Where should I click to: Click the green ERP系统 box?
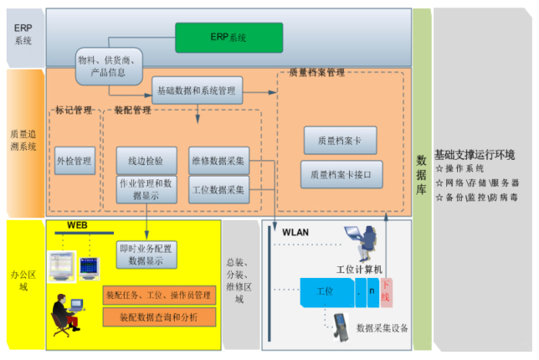pyautogui.click(x=228, y=38)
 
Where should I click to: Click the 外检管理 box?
pyautogui.click(x=74, y=160)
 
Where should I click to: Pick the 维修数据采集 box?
pyautogui.click(x=218, y=160)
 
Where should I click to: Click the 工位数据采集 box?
pyautogui.click(x=218, y=189)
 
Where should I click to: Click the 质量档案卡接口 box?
pyautogui.click(x=341, y=175)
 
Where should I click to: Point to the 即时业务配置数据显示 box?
pyautogui.click(x=146, y=255)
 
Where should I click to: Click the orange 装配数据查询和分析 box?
pyautogui.click(x=159, y=316)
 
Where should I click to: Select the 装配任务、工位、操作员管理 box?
pyautogui.click(x=159, y=296)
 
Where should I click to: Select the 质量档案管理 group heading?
pyautogui.click(x=316, y=73)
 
